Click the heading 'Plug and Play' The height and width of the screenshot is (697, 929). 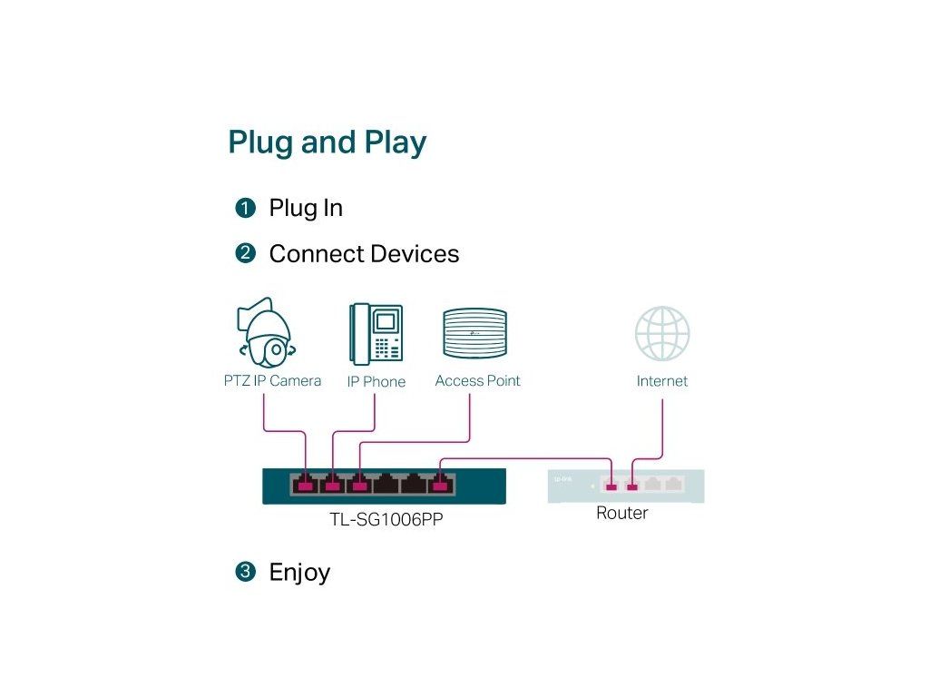click(x=327, y=142)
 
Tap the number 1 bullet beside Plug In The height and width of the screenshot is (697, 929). click(x=244, y=209)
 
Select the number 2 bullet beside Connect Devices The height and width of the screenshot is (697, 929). click(x=244, y=254)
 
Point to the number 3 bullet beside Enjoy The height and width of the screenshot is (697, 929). click(x=244, y=573)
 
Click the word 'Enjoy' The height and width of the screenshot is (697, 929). click(x=299, y=573)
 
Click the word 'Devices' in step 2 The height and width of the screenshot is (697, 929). click(x=414, y=254)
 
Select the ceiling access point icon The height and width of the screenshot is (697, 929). click(x=474, y=333)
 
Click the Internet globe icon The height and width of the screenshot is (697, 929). click(x=662, y=333)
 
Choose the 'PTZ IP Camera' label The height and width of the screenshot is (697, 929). click(x=272, y=381)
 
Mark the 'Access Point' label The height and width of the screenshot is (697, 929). click(x=477, y=381)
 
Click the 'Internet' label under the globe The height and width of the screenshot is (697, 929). click(x=662, y=381)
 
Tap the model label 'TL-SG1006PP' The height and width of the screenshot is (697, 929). click(x=386, y=520)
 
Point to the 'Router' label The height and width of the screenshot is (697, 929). click(x=621, y=514)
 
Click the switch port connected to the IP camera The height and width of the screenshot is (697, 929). click(x=306, y=485)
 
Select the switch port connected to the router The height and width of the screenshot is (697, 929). click(x=441, y=485)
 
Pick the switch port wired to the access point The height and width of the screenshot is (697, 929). click(x=360, y=485)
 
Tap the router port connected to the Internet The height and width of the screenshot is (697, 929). click(x=632, y=486)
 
